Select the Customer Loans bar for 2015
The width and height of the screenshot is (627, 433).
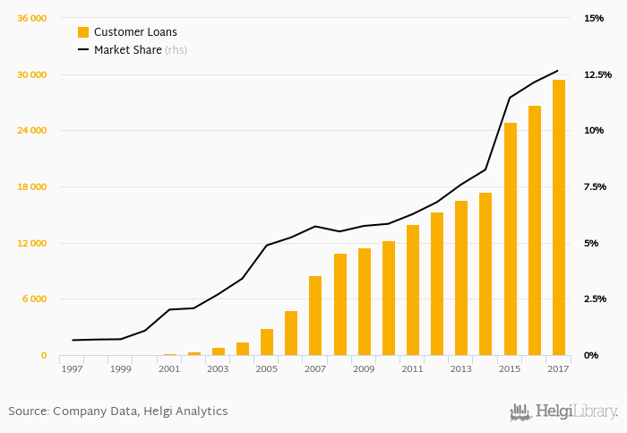click(511, 239)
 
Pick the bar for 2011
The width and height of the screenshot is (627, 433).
click(413, 290)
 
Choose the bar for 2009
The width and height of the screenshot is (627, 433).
click(365, 302)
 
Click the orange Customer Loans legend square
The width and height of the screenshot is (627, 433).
click(83, 32)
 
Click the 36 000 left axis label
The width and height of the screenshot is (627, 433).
click(32, 18)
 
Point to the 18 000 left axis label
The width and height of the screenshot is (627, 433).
click(32, 186)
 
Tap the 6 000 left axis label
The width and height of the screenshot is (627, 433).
click(35, 299)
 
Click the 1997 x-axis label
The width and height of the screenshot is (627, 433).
click(72, 368)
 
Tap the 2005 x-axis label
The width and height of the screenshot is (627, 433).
click(266, 368)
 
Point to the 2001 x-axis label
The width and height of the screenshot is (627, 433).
click(169, 368)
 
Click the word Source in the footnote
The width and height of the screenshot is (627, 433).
click(28, 411)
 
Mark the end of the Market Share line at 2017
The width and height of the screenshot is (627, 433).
click(558, 70)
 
